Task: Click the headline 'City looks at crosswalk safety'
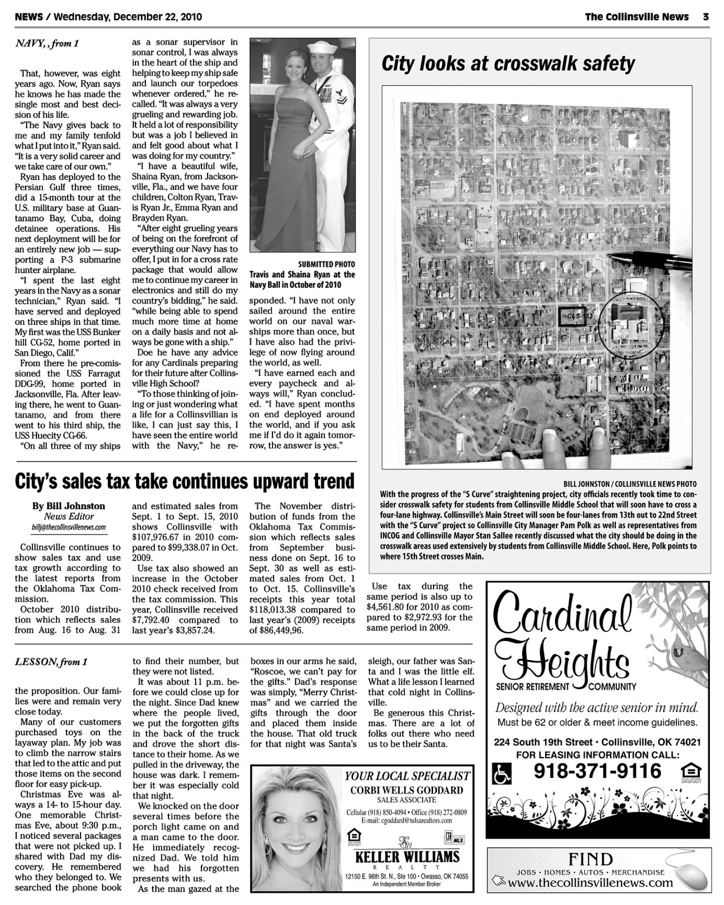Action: click(x=508, y=64)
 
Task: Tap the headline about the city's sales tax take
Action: click(x=185, y=481)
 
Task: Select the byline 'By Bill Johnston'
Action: click(x=69, y=506)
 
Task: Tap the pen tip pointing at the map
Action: click(x=611, y=256)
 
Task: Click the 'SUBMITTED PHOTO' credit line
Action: click(x=327, y=264)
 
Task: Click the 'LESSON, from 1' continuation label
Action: click(x=51, y=662)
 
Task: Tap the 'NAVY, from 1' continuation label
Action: click(x=47, y=44)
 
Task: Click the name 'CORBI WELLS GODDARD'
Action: click(x=407, y=790)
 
